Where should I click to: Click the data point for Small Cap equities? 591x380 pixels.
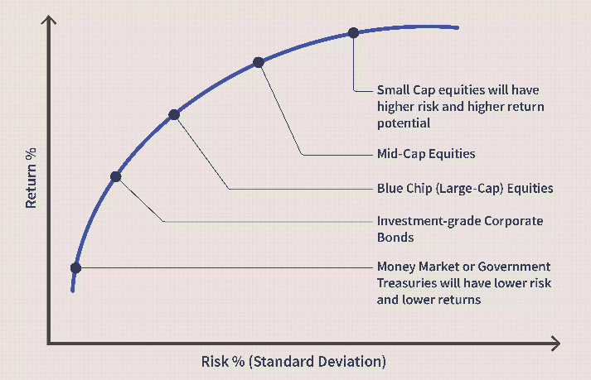click(353, 33)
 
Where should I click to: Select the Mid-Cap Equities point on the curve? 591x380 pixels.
click(258, 62)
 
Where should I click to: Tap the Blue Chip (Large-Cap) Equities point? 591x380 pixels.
click(174, 114)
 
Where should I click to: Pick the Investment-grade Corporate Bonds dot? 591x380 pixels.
click(116, 176)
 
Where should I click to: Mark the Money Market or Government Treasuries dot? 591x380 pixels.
click(75, 267)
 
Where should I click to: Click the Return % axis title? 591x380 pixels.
click(31, 178)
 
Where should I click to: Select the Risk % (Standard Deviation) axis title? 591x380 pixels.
click(293, 362)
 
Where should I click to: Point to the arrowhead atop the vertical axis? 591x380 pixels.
click(49, 19)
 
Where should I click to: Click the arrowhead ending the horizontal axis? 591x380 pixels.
click(556, 344)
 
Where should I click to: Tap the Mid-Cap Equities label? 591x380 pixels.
click(426, 154)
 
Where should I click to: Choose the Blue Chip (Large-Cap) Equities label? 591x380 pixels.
click(465, 188)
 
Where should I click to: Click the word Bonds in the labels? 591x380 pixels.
click(395, 238)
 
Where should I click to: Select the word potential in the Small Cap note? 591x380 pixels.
click(404, 123)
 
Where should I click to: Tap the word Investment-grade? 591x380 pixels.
click(429, 221)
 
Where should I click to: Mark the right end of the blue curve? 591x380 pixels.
click(458, 27)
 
